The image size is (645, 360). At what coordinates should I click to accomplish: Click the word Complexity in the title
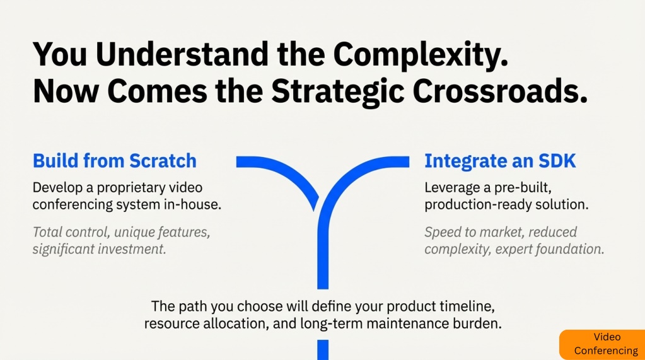pos(421,55)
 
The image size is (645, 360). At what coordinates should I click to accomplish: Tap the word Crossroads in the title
pos(500,91)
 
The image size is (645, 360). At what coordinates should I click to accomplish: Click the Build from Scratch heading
pos(114,161)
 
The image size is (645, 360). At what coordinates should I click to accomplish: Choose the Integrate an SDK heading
pos(500,161)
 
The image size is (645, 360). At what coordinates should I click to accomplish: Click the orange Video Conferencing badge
pos(602,344)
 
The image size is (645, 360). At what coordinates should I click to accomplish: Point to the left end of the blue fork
pos(237,161)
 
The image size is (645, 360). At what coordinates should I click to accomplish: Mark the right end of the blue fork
pos(409,161)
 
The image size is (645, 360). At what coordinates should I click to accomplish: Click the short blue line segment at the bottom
pos(323,350)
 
